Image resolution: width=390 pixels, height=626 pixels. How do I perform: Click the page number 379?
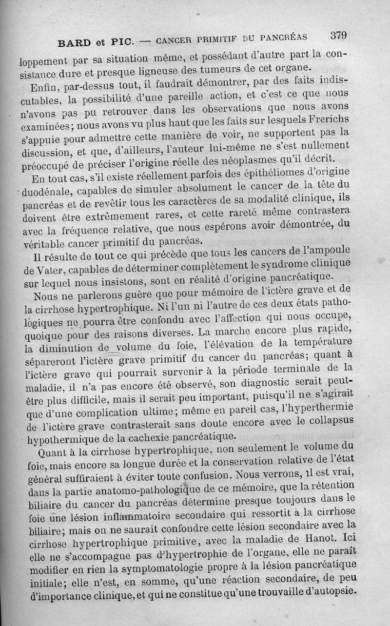[x=338, y=35]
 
